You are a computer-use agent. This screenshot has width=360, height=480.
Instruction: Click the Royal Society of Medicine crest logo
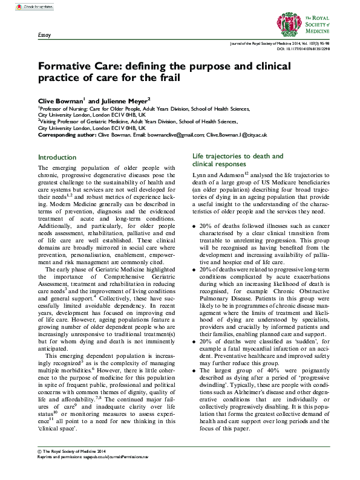[303, 21]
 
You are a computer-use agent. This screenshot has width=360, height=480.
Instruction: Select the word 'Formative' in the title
[68, 66]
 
